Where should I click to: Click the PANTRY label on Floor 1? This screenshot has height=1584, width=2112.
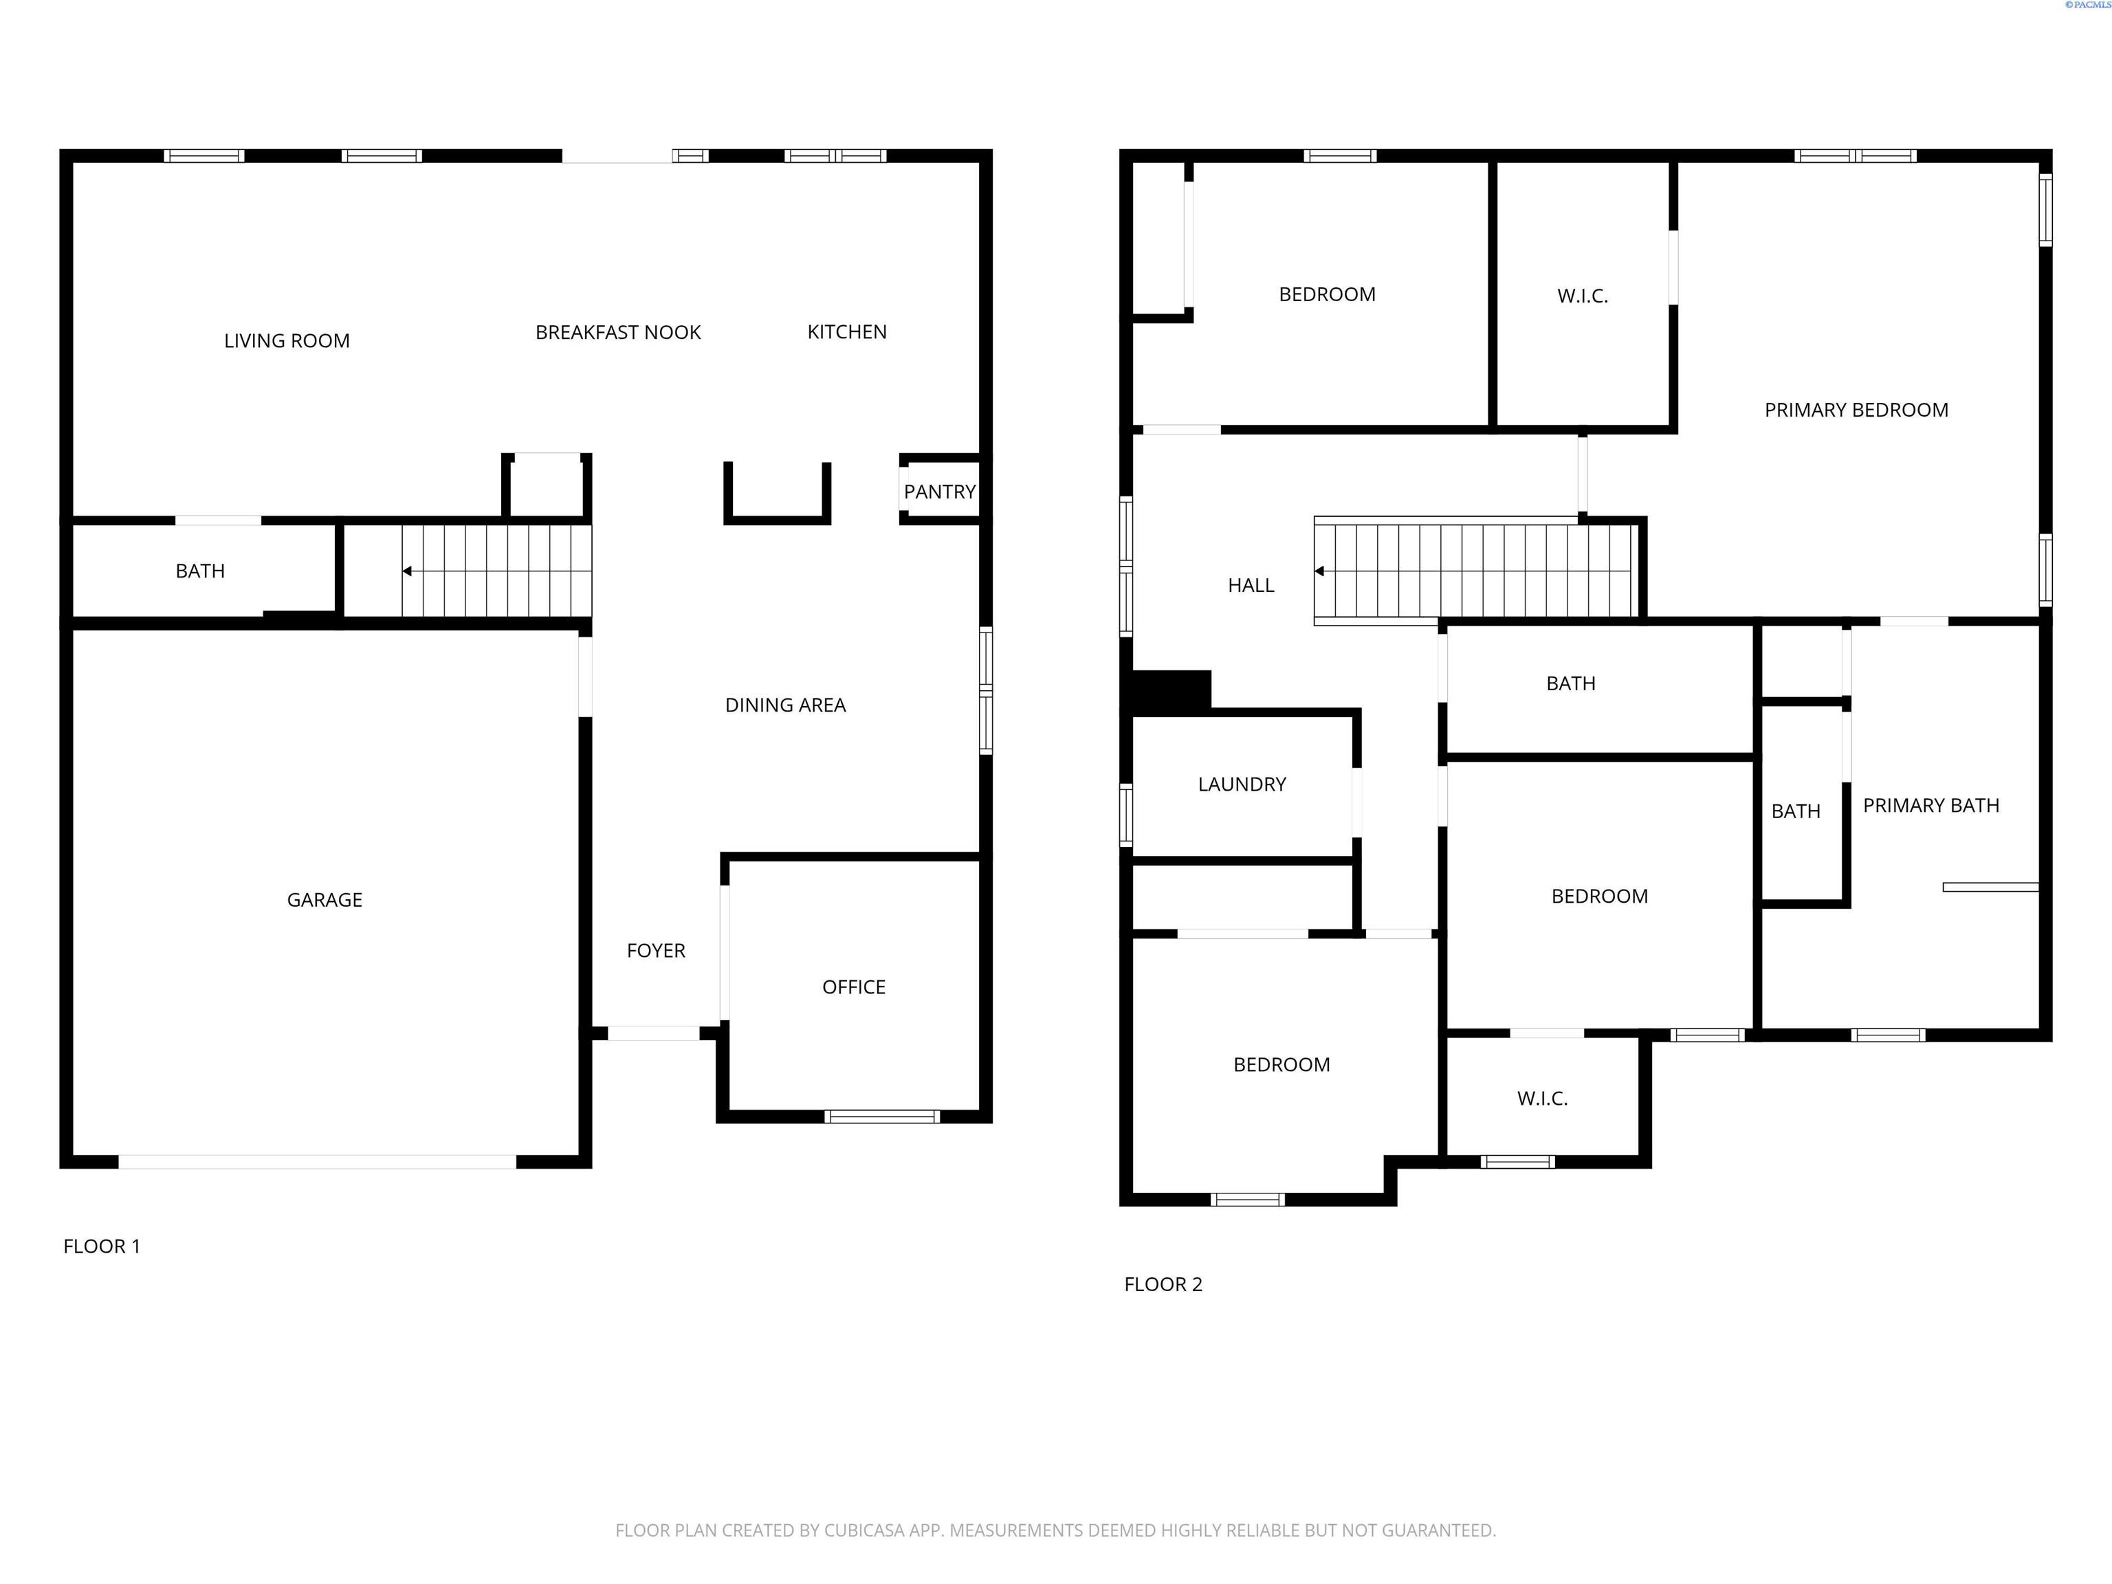click(940, 492)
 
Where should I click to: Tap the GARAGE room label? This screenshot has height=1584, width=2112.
click(324, 899)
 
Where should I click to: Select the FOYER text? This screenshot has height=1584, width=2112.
click(656, 950)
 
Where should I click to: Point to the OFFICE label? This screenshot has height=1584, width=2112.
click(854, 987)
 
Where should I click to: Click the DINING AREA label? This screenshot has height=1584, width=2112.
click(785, 705)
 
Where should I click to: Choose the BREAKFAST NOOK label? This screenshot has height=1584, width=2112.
click(618, 332)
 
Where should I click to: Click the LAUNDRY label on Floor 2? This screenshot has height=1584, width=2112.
click(1241, 784)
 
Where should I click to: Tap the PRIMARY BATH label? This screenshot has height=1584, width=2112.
click(1930, 805)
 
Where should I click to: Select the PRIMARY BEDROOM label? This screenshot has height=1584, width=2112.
click(1855, 410)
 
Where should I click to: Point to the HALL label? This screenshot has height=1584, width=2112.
click(1251, 585)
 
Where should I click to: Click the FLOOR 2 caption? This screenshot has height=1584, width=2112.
click(1163, 1284)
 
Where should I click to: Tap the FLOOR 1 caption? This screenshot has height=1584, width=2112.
click(101, 1246)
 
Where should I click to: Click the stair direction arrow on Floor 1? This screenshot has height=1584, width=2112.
click(408, 571)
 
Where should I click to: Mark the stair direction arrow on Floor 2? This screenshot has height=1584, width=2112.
click(1319, 571)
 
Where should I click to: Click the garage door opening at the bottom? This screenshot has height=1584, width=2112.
click(317, 1162)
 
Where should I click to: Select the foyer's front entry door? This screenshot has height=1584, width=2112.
click(653, 1033)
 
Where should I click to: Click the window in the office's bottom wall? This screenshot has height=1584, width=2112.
click(881, 1116)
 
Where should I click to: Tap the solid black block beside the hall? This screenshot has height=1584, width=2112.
click(1171, 690)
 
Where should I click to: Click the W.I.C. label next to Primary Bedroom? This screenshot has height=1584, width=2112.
click(1582, 296)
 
